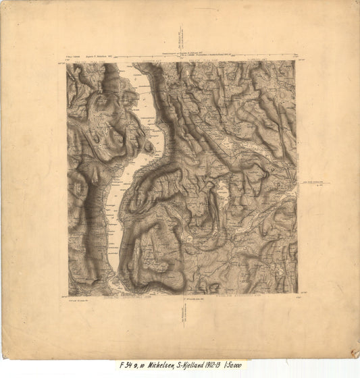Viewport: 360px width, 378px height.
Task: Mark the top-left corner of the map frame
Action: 67,63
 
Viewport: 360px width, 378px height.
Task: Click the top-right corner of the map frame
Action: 297,63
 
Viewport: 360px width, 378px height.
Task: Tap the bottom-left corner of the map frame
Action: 67,295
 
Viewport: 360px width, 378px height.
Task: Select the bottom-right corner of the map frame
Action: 297,295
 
